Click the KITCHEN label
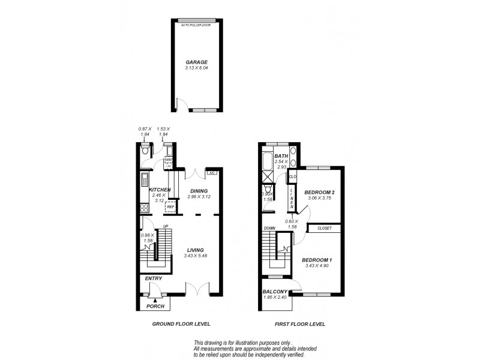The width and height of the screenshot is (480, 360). pos(160,190)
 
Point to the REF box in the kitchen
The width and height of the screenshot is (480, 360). pos(170,207)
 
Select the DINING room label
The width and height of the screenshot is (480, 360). pos(197,191)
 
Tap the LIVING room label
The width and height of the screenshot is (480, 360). pos(196,250)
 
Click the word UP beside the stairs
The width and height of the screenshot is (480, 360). pos(166,226)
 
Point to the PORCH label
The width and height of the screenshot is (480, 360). pos(155,306)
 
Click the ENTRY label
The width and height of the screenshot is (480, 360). pos(154,278)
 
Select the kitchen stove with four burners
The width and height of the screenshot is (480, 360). pos(144,209)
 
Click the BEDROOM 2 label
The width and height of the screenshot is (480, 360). pos(319,192)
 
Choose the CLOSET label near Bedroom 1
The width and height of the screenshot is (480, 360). pos(325,228)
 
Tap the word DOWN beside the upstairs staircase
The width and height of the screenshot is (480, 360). pos(269,228)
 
